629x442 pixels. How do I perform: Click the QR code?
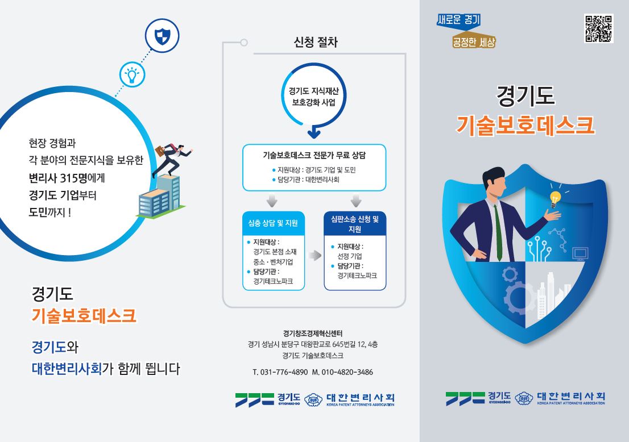coord(598,28)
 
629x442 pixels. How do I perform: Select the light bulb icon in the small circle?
coord(131,74)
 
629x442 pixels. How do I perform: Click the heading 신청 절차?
coord(316,43)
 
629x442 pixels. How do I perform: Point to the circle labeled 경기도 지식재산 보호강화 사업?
coord(314,96)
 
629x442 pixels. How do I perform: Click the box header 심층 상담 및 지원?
coord(274,223)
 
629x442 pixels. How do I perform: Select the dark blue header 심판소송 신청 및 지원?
coord(355,224)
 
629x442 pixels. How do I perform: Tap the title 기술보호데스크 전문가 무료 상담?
coord(314,155)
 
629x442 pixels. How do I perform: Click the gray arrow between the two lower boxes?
coord(314,256)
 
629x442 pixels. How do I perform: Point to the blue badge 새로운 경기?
coord(458,20)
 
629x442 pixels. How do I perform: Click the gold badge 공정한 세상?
coord(473,41)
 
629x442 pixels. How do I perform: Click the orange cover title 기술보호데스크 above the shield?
coord(525,124)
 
